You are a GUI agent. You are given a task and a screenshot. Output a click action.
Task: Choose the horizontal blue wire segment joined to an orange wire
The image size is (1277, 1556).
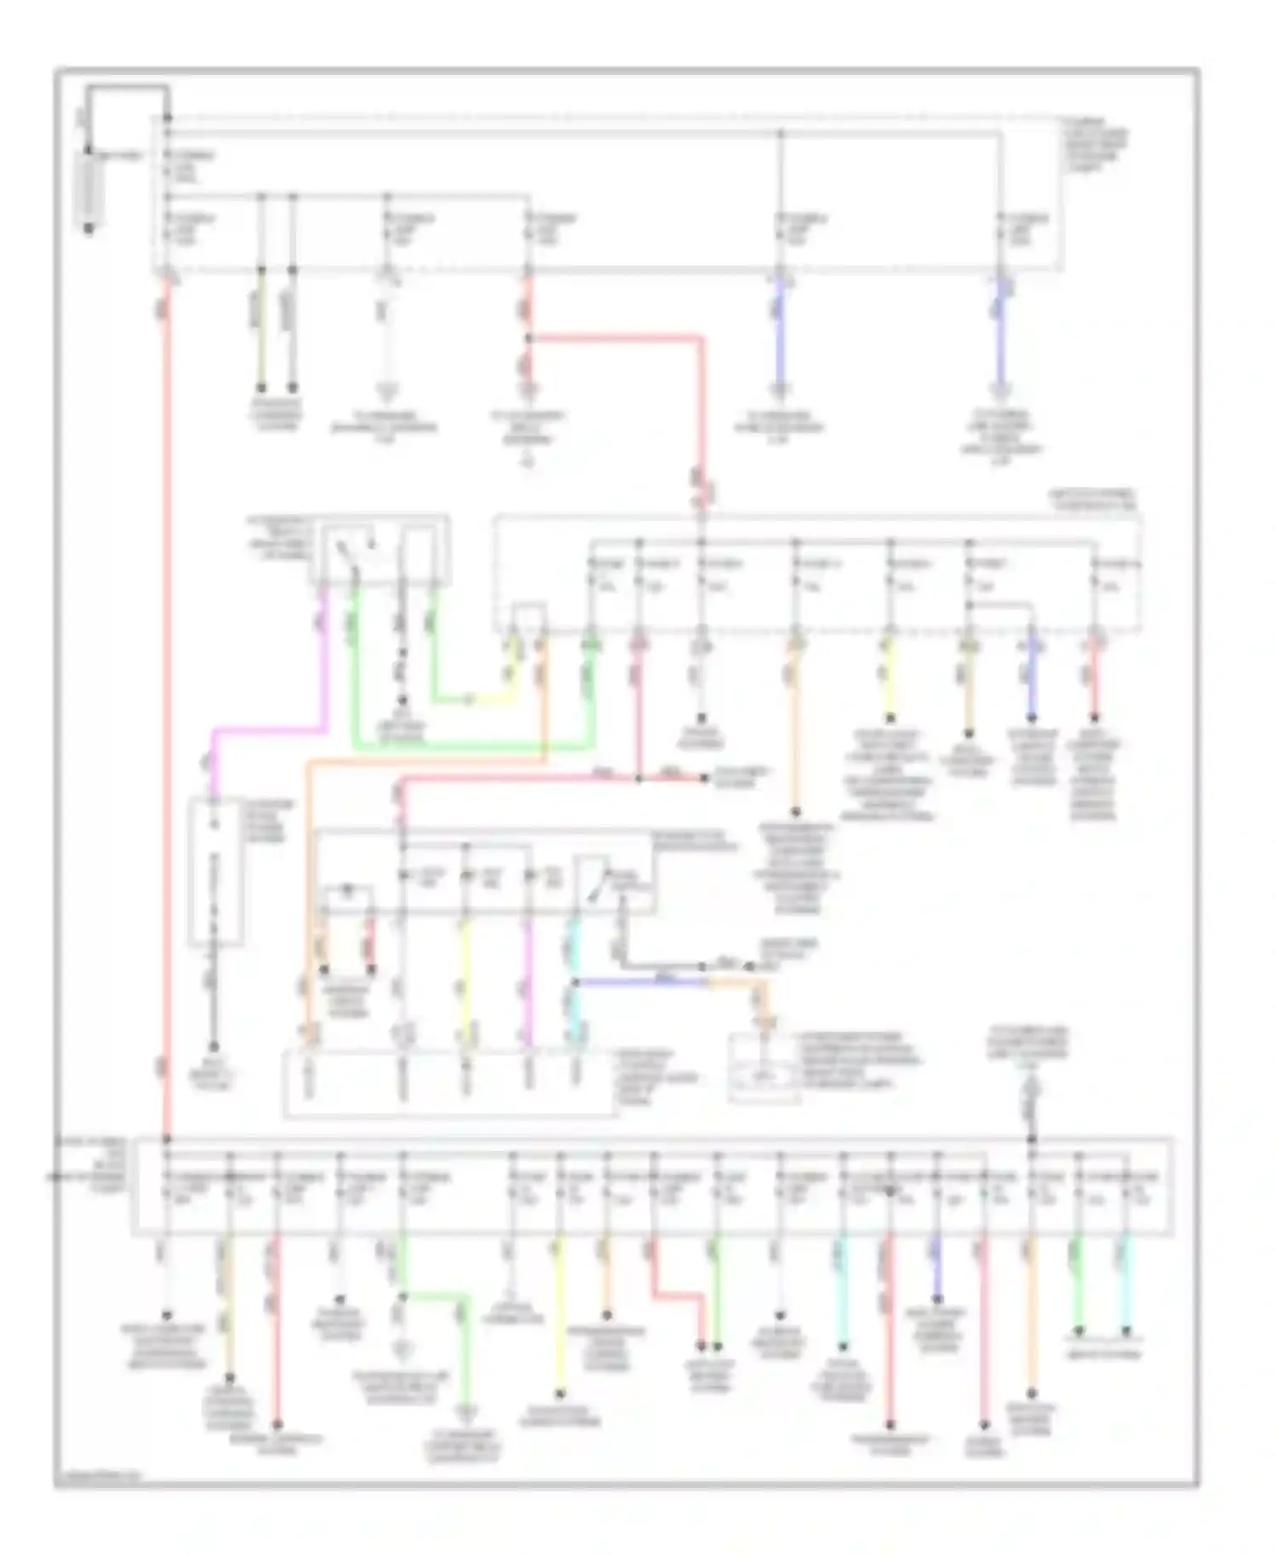pos(638,981)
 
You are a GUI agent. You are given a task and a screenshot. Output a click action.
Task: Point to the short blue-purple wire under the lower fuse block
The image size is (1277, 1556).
pos(936,1273)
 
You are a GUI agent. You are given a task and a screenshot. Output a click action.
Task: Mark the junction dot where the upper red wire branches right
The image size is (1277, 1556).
pos(528,338)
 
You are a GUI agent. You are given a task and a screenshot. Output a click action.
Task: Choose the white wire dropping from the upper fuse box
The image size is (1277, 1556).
pos(387,340)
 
